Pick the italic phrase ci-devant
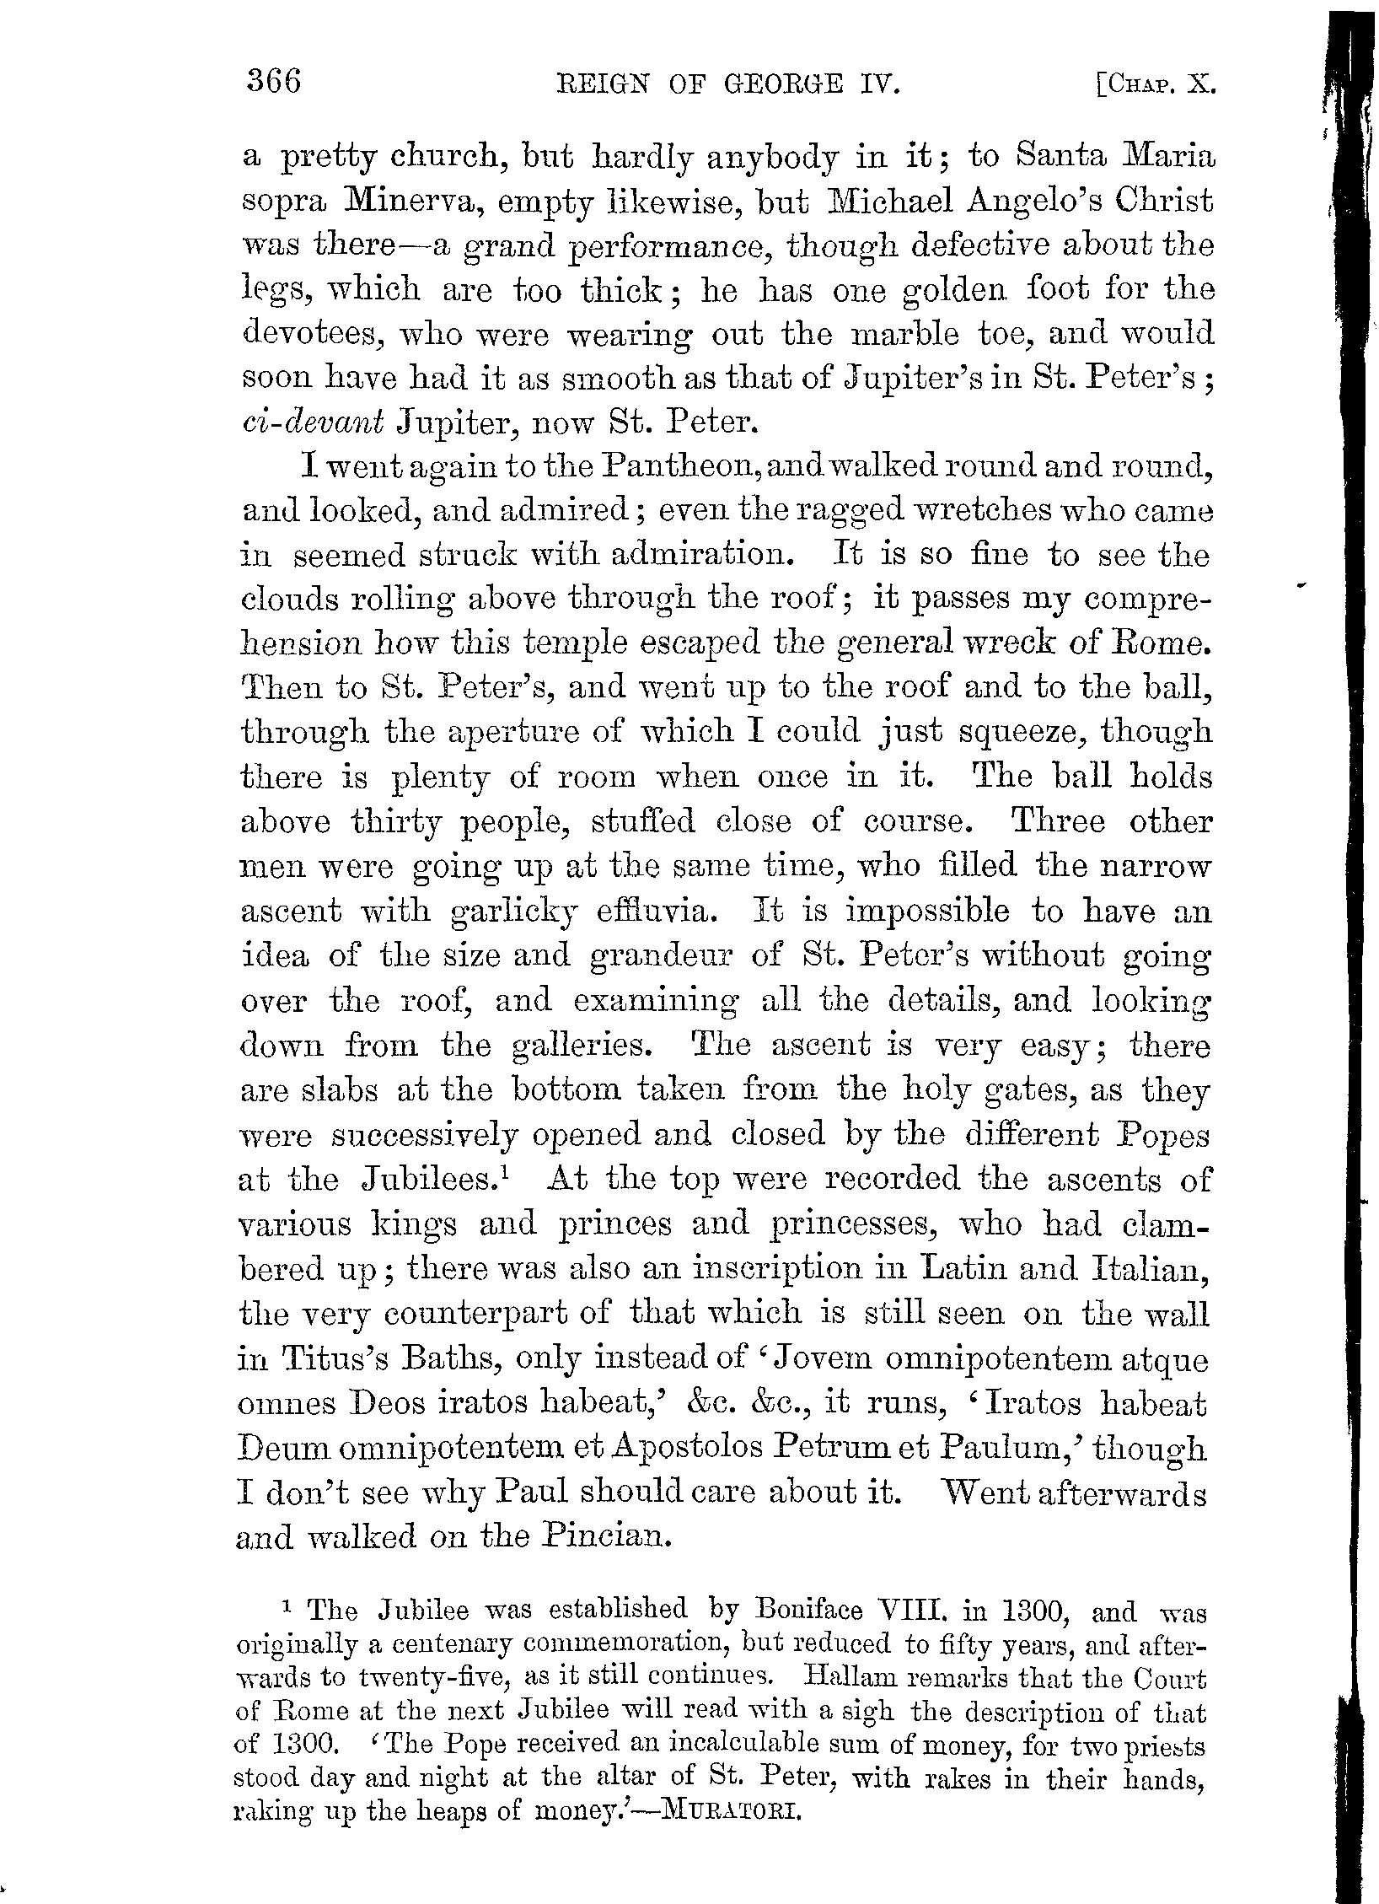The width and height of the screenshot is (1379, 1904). [x=313, y=422]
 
